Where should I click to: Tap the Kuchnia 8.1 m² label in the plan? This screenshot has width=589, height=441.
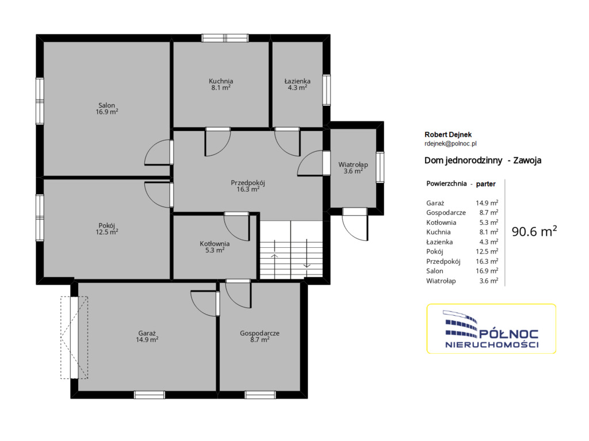[221, 84]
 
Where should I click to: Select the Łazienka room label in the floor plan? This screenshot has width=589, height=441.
[297, 84]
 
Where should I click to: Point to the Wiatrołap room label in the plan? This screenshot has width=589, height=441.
[353, 167]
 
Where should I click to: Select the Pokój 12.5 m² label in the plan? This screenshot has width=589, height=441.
[106, 228]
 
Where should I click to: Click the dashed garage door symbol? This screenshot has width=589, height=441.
[74, 338]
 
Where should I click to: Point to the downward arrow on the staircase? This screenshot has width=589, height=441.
[307, 254]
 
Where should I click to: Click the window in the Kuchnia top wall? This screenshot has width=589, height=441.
[225, 38]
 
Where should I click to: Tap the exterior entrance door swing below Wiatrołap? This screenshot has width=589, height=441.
[355, 225]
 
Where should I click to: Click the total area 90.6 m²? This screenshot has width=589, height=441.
[534, 231]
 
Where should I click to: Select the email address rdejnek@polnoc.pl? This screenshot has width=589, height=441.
[450, 144]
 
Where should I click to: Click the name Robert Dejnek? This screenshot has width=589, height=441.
[448, 135]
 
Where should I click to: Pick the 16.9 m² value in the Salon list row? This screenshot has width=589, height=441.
[487, 271]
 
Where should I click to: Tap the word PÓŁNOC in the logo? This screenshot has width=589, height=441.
[509, 334]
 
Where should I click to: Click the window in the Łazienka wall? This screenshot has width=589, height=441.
[327, 90]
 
